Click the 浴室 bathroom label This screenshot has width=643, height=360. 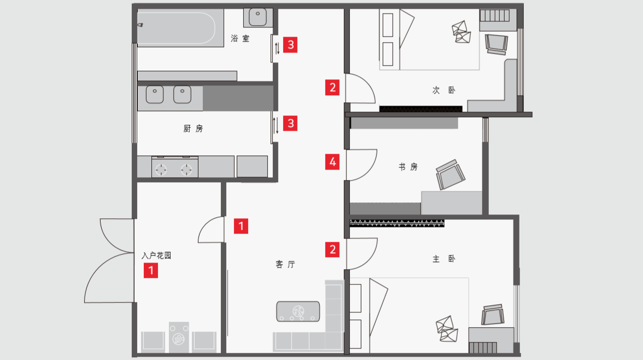click(x=240, y=39)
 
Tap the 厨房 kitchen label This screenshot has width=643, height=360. click(x=193, y=129)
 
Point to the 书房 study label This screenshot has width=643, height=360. click(x=408, y=167)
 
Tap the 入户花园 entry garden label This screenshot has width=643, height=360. click(x=156, y=256)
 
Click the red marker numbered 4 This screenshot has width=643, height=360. click(x=332, y=162)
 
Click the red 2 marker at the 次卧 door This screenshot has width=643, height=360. click(x=332, y=87)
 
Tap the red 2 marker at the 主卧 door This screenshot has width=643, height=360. click(x=332, y=249)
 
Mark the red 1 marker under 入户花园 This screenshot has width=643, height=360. click(x=151, y=270)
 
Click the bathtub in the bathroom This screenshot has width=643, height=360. click(x=175, y=28)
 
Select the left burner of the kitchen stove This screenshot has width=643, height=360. click(x=161, y=170)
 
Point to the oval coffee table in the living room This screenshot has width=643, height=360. click(x=298, y=311)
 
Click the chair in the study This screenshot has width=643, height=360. click(x=449, y=175)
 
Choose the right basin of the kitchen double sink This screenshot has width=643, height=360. click(x=183, y=95)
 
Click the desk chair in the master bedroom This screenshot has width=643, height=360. click(x=492, y=315)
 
